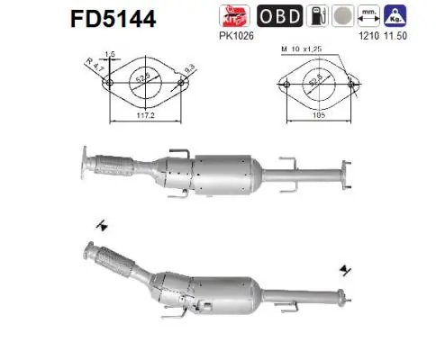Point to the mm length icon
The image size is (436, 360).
367,16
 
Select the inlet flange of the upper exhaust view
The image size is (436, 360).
83,162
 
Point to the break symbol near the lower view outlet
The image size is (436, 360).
346,267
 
